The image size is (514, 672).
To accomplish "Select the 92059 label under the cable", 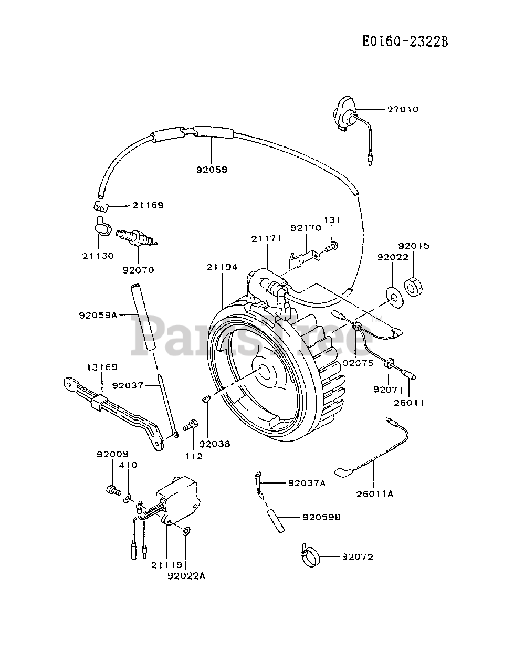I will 212,170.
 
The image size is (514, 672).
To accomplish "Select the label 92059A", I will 97,315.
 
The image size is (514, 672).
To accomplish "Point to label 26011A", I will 375,493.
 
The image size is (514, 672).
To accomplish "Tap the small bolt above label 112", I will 191,425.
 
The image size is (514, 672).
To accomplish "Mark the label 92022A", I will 186,575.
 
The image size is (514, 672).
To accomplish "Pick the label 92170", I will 306,228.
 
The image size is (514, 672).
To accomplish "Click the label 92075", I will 358,363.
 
